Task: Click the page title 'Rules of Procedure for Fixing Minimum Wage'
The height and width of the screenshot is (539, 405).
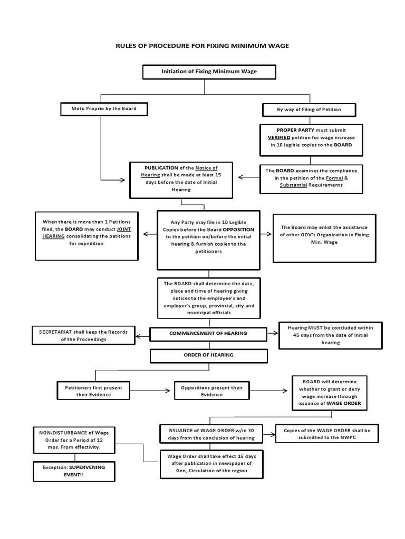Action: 202,46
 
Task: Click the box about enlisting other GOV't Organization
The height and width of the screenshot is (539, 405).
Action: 324,238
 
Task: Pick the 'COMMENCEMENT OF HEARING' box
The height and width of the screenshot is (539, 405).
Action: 208,333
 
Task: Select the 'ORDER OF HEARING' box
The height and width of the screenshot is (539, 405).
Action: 208,355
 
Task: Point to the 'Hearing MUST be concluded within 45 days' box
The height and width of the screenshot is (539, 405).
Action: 330,335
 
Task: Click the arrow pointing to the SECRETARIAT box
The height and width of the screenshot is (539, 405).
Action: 142,333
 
